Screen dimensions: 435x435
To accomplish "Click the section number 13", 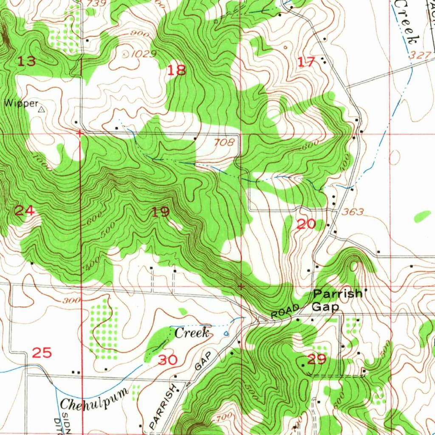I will pyautogui.click(x=26, y=62).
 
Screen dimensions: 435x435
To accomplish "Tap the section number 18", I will pyautogui.click(x=176, y=70).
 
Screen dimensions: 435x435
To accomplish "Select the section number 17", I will pyautogui.click(x=306, y=62).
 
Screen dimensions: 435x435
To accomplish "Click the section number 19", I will pyautogui.click(x=161, y=212).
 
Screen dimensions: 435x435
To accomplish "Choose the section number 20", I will pyautogui.click(x=306, y=224).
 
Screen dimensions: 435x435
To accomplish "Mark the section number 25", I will pyautogui.click(x=42, y=353).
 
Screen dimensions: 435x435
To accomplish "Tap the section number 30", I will pyautogui.click(x=168, y=360).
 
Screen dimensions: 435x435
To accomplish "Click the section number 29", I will pyautogui.click(x=316, y=360).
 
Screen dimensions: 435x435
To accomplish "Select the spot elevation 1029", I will pyautogui.click(x=144, y=54).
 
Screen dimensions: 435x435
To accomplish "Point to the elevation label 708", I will pyautogui.click(x=224, y=143).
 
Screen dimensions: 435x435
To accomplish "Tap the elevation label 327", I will pyautogui.click(x=418, y=55).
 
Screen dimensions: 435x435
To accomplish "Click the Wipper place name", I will pyautogui.click(x=21, y=103).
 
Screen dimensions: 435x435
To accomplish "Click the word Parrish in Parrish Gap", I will pyautogui.click(x=338, y=294).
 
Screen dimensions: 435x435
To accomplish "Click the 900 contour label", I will pyautogui.click(x=140, y=34).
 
